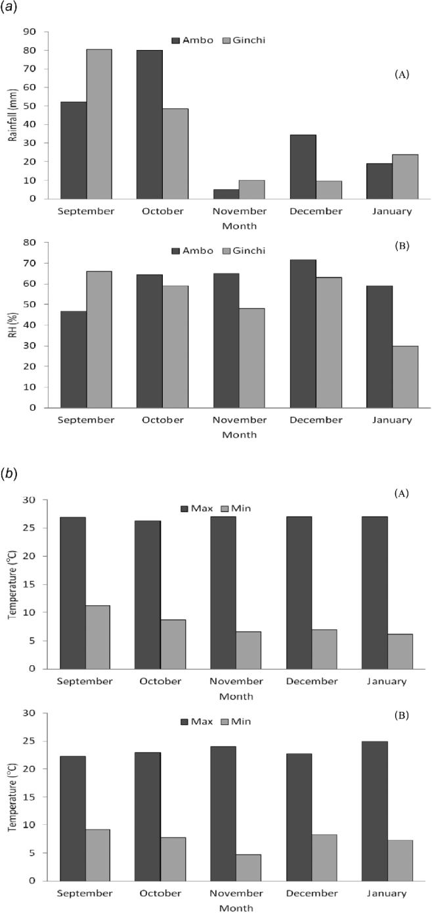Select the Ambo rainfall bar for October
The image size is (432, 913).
click(149, 124)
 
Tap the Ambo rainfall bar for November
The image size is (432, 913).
click(226, 194)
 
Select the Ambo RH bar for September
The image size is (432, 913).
click(73, 359)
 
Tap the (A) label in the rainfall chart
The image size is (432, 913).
click(401, 74)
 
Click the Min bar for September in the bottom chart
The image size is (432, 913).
click(98, 852)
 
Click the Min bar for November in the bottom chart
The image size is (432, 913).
click(249, 867)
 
